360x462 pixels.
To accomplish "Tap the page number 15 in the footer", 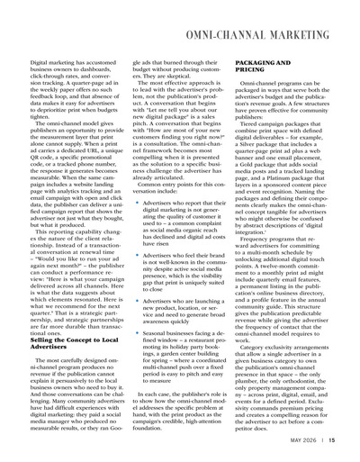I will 331,440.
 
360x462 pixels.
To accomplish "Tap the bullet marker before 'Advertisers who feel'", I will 133,231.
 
